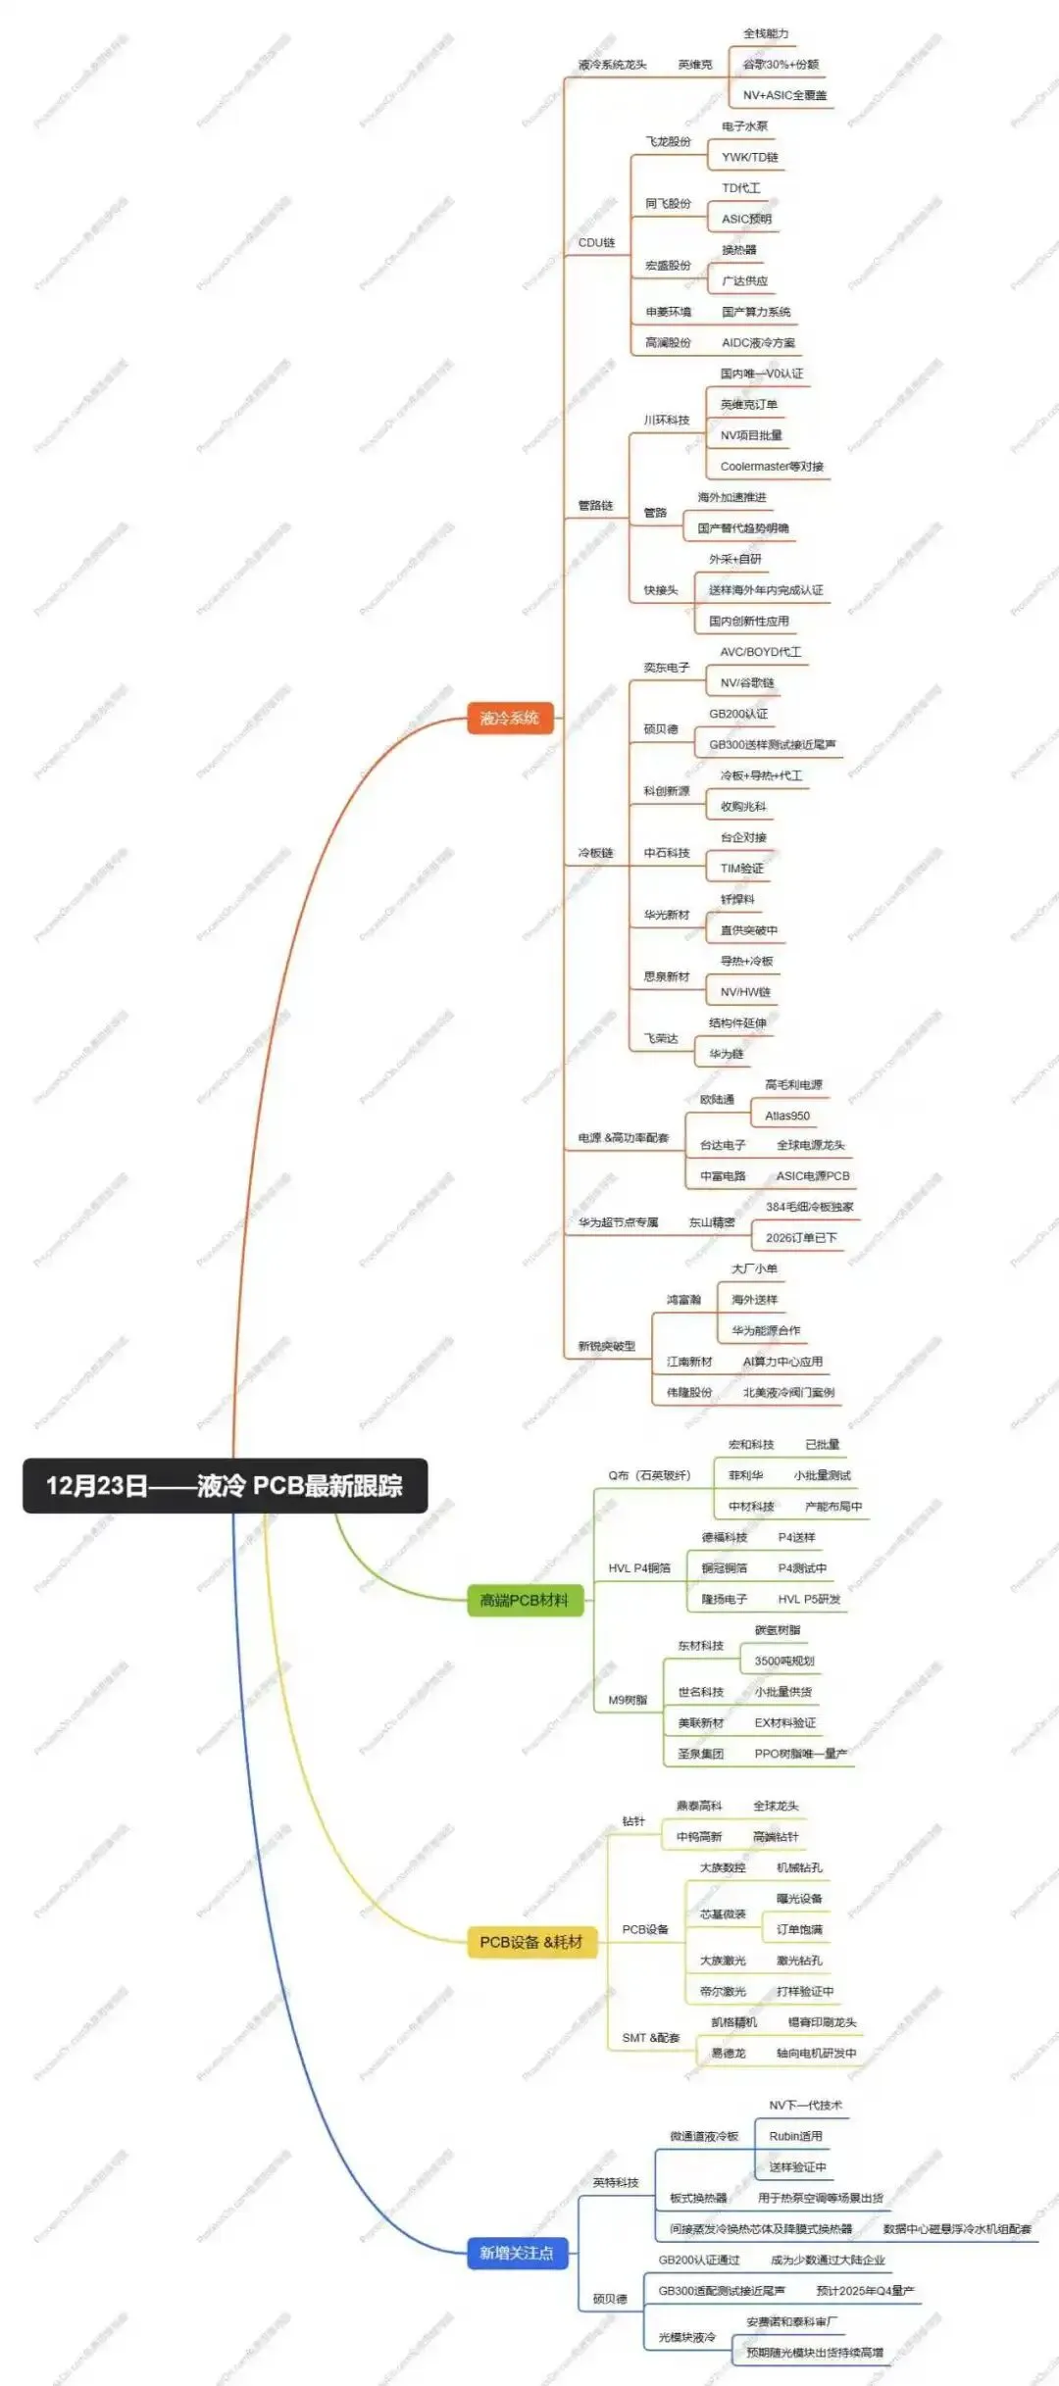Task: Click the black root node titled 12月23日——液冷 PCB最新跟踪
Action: point(225,1485)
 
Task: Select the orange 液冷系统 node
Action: point(509,718)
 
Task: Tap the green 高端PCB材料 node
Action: point(524,1600)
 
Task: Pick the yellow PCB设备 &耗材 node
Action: point(530,1941)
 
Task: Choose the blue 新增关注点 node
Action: point(516,2253)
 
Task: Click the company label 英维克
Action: point(694,65)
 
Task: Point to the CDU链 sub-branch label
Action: point(596,242)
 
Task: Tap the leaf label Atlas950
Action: point(786,1116)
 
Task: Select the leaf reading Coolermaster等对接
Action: point(772,467)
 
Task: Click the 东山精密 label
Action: point(711,1222)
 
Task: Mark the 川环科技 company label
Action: point(666,420)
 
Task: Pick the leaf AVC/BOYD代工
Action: point(760,652)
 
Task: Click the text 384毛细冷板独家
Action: point(809,1207)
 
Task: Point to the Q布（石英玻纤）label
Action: point(648,1475)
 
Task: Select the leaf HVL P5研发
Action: point(809,1599)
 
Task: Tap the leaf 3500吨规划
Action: point(783,1661)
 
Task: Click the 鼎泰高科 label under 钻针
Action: point(698,1806)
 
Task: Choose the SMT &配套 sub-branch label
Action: point(650,2038)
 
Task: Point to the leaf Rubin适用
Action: point(795,2136)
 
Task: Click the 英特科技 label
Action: point(615,2182)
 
